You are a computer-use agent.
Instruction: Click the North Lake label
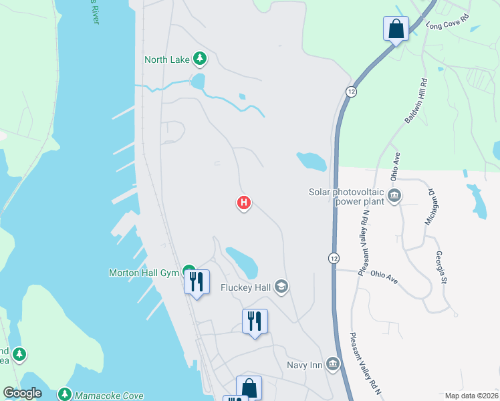167,59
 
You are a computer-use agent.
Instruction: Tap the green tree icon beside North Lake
199,59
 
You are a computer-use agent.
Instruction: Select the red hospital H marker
245,203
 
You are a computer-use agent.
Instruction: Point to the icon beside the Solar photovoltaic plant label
394,196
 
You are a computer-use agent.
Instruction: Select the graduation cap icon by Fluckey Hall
281,287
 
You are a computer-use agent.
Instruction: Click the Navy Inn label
304,364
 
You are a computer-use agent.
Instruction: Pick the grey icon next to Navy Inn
333,364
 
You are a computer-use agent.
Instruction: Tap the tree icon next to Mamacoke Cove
65,394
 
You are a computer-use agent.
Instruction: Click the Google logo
22,393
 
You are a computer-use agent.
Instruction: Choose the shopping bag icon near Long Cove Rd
396,29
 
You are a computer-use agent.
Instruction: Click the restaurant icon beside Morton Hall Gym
197,281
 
